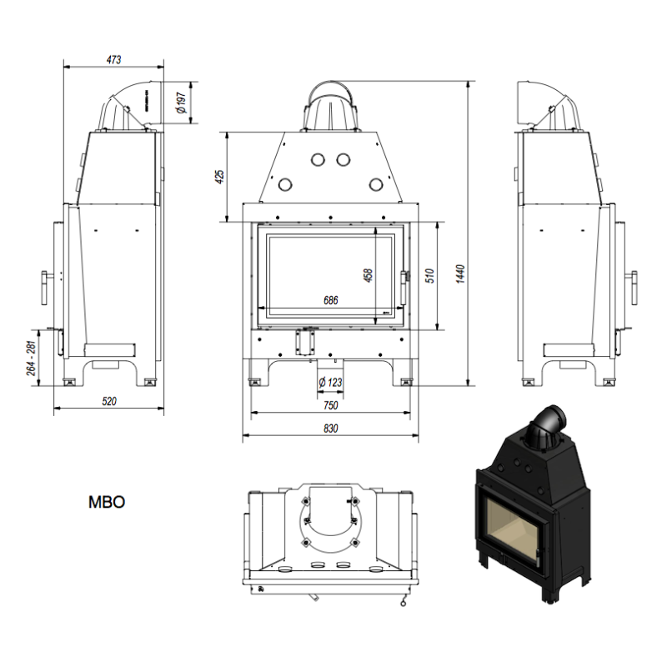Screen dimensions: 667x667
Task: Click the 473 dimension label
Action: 113,59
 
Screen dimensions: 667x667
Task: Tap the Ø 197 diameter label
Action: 181,103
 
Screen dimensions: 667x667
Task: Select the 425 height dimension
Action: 219,177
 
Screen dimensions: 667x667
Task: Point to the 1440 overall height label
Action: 460,273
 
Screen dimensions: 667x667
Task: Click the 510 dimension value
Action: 429,276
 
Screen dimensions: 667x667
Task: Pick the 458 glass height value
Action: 368,275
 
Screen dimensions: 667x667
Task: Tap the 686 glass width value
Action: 330,300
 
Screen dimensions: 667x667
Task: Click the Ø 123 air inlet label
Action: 330,383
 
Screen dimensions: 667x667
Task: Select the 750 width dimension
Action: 330,405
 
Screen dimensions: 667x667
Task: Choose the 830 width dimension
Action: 330,429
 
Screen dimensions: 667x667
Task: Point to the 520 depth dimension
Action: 109,401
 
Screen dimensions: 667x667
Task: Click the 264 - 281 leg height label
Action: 32,359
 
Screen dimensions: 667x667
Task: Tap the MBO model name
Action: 107,502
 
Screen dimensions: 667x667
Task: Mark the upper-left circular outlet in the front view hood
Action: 318,159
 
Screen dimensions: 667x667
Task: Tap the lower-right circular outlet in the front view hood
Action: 376,184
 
